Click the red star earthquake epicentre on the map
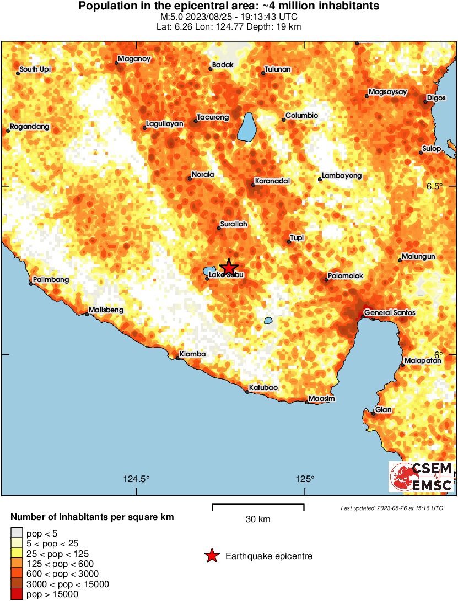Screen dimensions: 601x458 coord(228,267)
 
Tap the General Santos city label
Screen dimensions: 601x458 coord(390,313)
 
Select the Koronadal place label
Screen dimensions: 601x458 coord(272,181)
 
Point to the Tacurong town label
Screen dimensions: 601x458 coord(213,118)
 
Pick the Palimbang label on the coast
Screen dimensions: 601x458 coord(51,280)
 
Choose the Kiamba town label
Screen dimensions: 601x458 coord(193,354)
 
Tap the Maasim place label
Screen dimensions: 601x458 coord(322,398)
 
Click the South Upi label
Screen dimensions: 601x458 coord(35,70)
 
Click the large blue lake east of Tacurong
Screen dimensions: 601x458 coord(247,127)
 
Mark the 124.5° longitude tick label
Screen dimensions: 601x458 coord(136,478)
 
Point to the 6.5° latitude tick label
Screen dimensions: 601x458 coord(434,186)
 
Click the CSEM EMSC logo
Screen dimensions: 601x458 coord(422,477)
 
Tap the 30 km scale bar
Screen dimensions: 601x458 coord(258,504)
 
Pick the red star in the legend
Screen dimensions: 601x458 coord(212,556)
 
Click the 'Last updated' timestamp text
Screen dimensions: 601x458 coord(391,508)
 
